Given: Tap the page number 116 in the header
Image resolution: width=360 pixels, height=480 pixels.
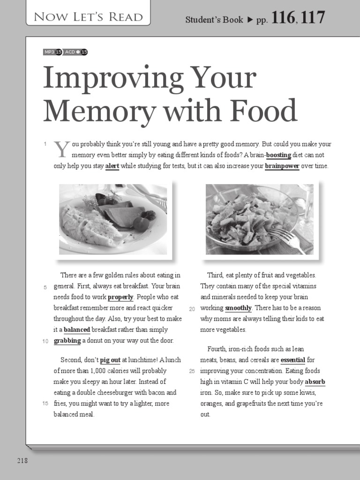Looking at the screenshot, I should click(x=283, y=18).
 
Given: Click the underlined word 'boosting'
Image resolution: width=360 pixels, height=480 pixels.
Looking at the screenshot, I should click(x=278, y=155).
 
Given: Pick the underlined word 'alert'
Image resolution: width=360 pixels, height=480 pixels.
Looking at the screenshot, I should click(x=112, y=166).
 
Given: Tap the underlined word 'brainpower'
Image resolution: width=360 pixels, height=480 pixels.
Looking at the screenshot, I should click(x=282, y=166).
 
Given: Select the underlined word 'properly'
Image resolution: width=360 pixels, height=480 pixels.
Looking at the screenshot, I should click(x=120, y=297).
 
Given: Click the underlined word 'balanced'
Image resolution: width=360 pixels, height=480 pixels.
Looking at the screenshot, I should click(x=77, y=330).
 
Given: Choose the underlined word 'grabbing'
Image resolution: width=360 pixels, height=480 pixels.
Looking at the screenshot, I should click(x=67, y=341).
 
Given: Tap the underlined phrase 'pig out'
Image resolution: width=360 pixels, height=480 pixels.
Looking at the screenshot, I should click(x=110, y=360).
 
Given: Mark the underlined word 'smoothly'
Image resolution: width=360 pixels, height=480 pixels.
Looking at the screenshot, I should click(x=238, y=308).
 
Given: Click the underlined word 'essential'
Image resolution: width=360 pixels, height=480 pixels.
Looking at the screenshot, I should click(x=292, y=360).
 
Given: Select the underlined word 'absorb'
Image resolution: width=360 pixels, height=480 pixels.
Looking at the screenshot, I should click(x=315, y=382).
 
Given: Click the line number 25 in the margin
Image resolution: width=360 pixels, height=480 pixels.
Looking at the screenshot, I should click(x=192, y=371).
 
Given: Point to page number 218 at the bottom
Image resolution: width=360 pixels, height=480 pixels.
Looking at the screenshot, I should click(x=22, y=461).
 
